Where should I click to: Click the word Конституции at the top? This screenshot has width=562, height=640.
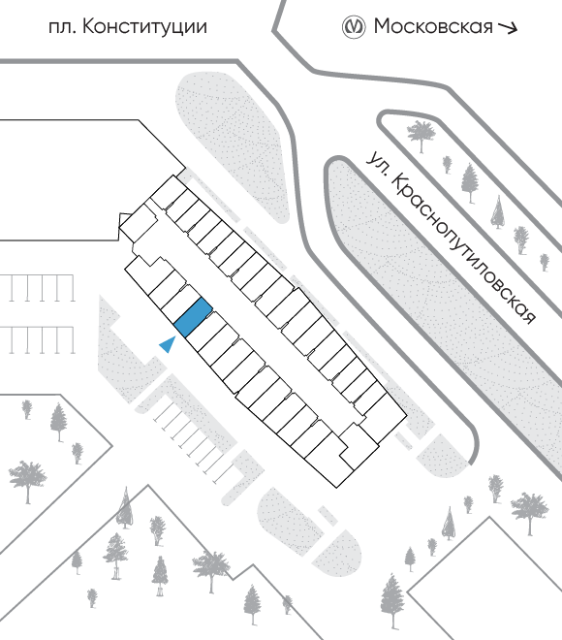coord(144,27)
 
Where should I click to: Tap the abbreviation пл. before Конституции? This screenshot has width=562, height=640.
coord(62,28)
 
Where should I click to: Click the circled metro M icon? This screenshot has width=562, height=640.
coord(353,27)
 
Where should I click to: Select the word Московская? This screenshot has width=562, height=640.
coord(433,27)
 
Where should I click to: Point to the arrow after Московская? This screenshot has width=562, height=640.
coord(508,28)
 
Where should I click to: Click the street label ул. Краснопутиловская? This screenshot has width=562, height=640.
coord(451,238)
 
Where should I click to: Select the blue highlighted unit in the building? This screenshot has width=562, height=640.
coord(193,317)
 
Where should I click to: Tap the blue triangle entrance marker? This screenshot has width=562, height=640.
coord(168,344)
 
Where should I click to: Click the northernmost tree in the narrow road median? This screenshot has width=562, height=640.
coord(421,134)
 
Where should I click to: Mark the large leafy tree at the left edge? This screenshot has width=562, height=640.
coord(28,481)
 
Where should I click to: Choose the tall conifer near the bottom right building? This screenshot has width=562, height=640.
coord(392,600)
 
